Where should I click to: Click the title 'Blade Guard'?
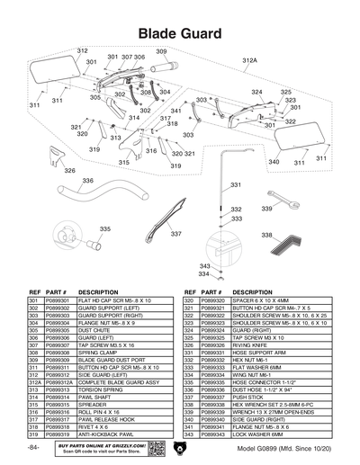tap(180, 33)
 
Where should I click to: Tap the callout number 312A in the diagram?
tap(249, 60)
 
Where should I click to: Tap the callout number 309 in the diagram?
tap(161, 52)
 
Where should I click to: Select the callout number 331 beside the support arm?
tap(236, 184)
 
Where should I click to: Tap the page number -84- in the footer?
tap(33, 447)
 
